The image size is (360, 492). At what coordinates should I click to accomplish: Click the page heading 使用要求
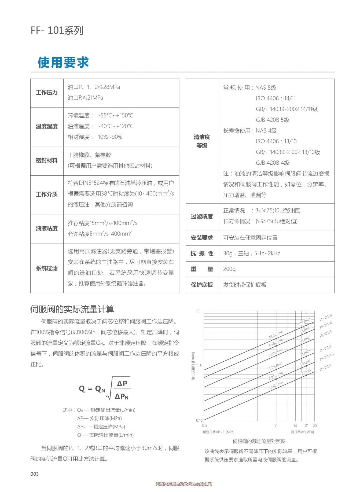63,63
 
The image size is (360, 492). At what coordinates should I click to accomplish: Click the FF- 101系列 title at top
57,30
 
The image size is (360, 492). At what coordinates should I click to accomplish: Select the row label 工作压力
47,93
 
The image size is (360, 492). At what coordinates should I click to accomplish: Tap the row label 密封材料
47,160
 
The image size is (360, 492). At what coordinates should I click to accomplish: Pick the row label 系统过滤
47,268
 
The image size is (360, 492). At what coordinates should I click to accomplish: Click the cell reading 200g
229,269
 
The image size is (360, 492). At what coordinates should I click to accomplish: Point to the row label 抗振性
202,254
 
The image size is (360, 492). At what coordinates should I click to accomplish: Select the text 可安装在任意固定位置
250,238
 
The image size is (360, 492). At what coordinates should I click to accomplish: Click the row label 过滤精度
202,216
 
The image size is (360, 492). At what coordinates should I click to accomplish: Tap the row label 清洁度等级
202,141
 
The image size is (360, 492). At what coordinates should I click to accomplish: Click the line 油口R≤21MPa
85,98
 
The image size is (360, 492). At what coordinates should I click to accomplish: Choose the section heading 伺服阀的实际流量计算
72,309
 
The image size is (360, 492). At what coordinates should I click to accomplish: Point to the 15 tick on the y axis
198,311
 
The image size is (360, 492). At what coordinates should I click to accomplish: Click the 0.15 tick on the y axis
199,420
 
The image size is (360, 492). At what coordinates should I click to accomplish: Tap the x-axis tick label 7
275,425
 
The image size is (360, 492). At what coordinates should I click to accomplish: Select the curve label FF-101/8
325,318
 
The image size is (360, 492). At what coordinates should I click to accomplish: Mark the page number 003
35,474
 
